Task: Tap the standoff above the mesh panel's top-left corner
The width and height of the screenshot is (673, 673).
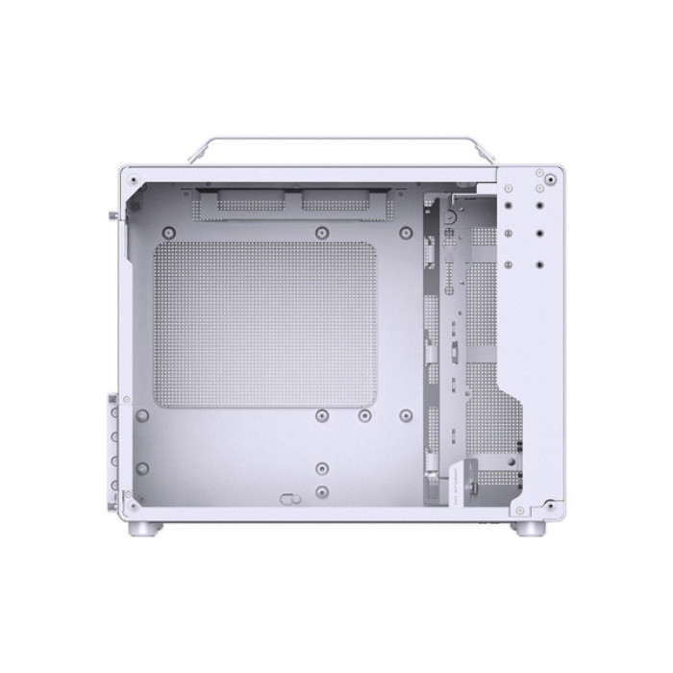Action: click(169, 232)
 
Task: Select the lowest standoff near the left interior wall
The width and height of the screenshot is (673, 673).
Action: click(141, 468)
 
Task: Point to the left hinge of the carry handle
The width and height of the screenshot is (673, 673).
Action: click(197, 154)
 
